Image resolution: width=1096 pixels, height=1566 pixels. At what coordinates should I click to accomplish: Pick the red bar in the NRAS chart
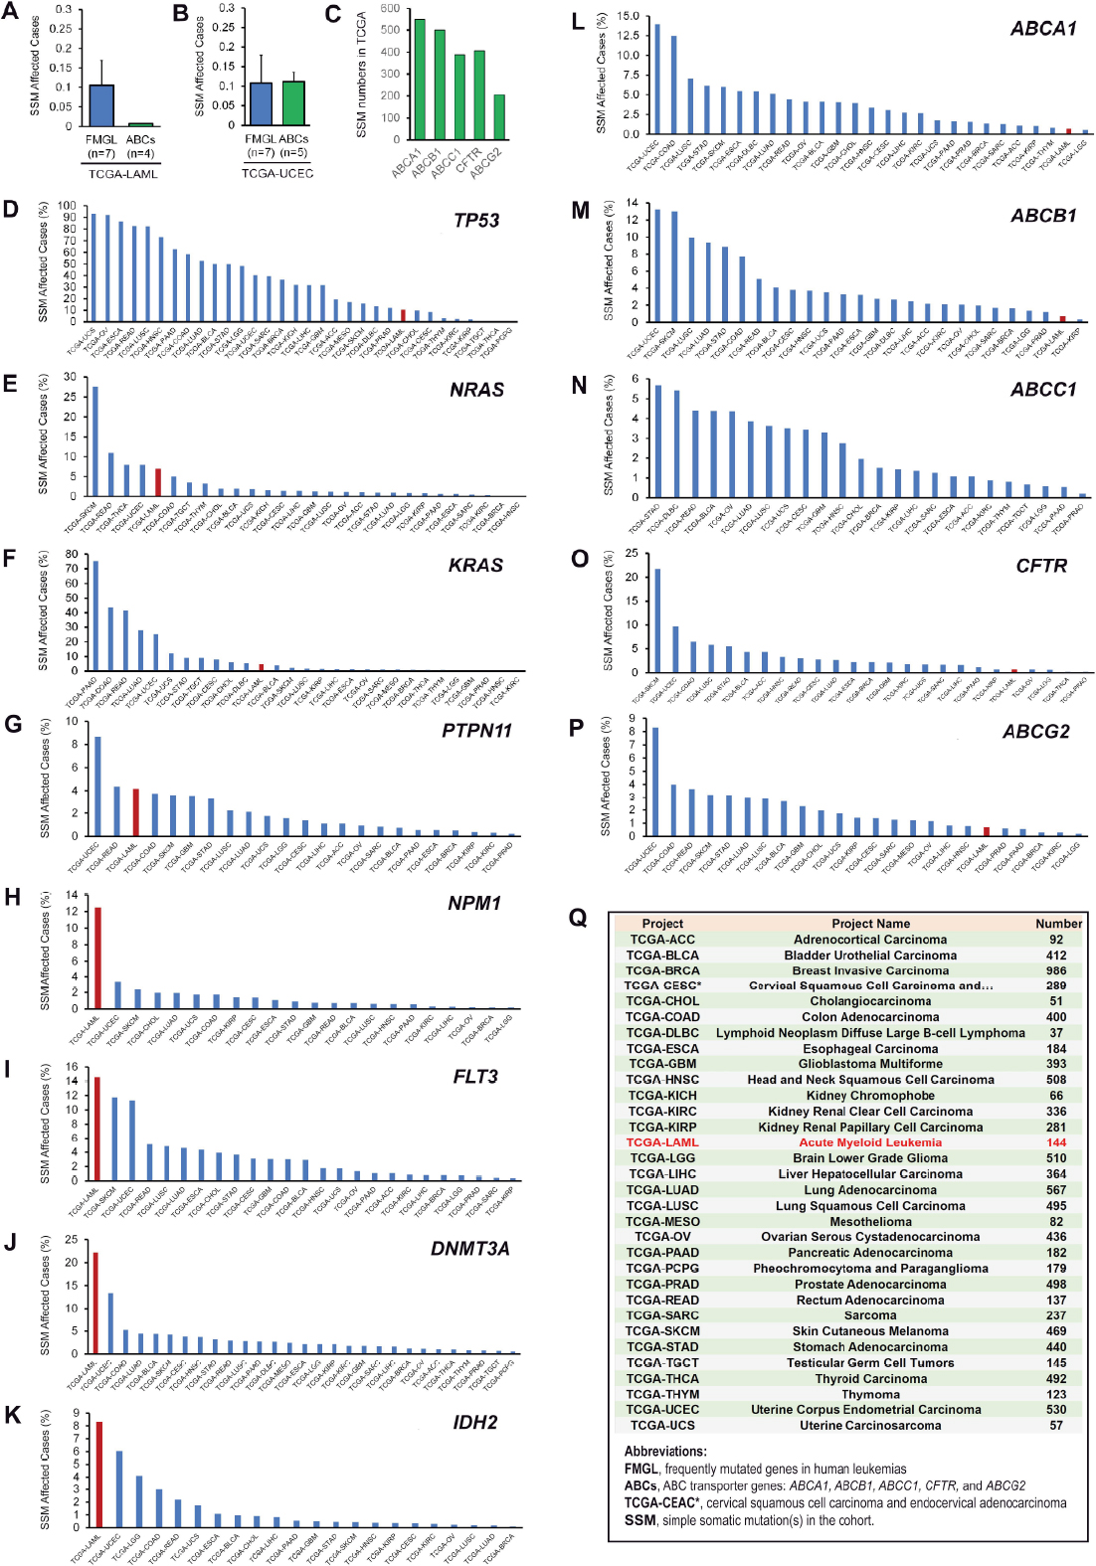(x=157, y=482)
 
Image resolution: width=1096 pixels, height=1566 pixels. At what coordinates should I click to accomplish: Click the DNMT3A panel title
(x=469, y=1248)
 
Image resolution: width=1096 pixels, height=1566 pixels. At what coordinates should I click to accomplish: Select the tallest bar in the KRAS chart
(x=95, y=615)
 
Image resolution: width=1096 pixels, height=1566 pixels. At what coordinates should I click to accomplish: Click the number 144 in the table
(x=1056, y=1142)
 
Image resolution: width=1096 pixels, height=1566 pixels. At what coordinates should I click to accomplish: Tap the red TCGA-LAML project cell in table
(x=662, y=1142)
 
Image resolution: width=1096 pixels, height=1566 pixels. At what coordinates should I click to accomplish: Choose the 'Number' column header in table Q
(x=1058, y=923)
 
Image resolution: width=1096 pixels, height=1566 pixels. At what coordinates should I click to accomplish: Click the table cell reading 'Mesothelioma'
(x=870, y=1221)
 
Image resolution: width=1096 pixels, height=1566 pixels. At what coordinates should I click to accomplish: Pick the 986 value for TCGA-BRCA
(x=1056, y=970)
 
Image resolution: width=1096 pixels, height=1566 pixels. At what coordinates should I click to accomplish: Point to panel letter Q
(x=578, y=918)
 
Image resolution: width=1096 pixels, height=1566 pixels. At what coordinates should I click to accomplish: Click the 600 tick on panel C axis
(x=389, y=9)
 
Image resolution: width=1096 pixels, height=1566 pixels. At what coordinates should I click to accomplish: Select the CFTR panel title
(x=1041, y=566)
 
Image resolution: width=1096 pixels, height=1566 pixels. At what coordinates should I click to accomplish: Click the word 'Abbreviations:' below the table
(x=665, y=1451)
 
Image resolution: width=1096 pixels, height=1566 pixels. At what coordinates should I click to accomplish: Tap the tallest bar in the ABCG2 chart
(x=654, y=782)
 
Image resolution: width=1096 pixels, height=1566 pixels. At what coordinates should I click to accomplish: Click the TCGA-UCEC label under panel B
(x=277, y=173)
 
